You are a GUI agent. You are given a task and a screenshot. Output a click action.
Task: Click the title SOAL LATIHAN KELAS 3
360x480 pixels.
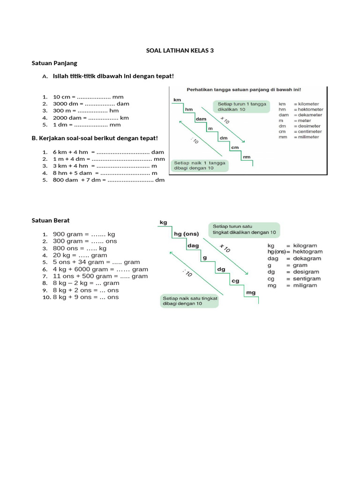(x=180, y=51)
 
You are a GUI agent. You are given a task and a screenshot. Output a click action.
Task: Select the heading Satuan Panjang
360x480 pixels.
(x=54, y=63)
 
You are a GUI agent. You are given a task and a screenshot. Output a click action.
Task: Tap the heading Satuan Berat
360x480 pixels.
(x=51, y=220)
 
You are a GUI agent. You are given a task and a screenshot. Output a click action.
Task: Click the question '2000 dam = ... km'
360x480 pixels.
(x=90, y=118)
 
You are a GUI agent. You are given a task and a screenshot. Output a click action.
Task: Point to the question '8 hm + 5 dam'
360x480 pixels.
(x=105, y=173)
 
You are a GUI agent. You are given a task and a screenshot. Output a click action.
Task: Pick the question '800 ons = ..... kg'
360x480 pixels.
(x=80, y=248)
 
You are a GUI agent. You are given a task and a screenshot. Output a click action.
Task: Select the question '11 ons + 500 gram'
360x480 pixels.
(x=100, y=276)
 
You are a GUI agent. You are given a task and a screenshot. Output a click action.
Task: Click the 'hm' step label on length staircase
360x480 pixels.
(x=189, y=109)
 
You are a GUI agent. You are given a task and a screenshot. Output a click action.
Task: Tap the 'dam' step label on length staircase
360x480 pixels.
(x=201, y=119)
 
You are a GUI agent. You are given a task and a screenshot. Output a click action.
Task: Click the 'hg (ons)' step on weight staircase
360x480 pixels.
(x=187, y=234)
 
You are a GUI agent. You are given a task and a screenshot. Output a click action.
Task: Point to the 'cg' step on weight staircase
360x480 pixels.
(x=235, y=281)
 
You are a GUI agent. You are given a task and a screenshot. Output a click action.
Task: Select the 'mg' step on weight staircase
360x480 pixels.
(x=251, y=292)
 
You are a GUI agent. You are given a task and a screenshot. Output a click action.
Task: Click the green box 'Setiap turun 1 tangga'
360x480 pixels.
(x=242, y=106)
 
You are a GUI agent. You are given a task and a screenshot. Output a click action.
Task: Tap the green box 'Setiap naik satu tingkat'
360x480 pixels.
(x=190, y=301)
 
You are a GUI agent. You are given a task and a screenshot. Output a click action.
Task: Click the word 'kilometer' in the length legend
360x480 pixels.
(x=308, y=104)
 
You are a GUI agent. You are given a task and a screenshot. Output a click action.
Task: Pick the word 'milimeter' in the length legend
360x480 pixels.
(x=308, y=137)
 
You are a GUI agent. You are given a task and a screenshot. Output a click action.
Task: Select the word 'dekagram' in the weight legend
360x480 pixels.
(x=307, y=258)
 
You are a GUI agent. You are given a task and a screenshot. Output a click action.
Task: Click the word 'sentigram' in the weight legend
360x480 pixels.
(x=307, y=278)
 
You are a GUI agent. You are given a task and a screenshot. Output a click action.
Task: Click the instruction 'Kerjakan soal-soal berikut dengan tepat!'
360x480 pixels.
(x=95, y=138)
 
